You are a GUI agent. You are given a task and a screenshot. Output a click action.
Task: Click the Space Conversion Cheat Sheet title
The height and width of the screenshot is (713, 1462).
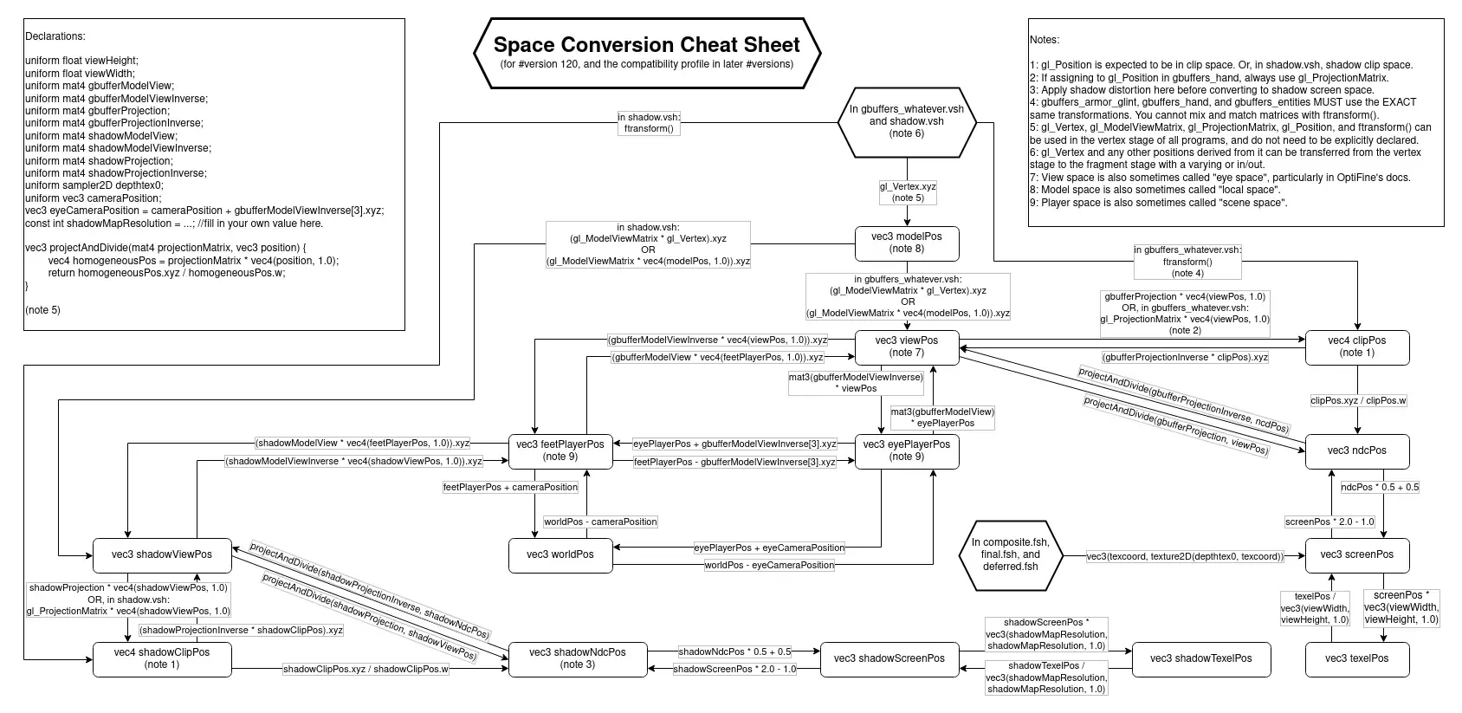(x=647, y=45)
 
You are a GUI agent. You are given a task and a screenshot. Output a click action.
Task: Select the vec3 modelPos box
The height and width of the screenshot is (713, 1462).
(x=907, y=243)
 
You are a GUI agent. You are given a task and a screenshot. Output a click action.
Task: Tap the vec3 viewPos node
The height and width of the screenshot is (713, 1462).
(x=907, y=347)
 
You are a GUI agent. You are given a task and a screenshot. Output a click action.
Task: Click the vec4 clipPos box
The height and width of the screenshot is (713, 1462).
(x=1356, y=347)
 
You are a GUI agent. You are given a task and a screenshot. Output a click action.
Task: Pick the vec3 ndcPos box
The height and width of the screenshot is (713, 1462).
(x=1356, y=450)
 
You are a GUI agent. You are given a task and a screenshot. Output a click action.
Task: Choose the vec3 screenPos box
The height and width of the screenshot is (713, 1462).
(x=1356, y=554)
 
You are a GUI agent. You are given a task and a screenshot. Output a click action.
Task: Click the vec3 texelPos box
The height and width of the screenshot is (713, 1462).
(x=1356, y=658)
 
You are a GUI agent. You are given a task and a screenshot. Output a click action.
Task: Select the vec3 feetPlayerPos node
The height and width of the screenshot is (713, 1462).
(x=560, y=450)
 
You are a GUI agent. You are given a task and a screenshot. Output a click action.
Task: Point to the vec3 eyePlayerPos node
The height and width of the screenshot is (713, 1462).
(x=907, y=450)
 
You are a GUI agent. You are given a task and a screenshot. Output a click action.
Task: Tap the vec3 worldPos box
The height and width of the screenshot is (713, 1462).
(x=560, y=554)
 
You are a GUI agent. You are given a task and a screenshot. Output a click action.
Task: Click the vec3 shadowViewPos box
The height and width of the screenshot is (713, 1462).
(x=162, y=554)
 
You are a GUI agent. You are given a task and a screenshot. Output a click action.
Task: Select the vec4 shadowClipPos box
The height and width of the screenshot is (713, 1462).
(x=162, y=658)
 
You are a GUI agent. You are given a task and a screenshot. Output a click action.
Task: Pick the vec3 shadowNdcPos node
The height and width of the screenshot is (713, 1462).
(x=578, y=658)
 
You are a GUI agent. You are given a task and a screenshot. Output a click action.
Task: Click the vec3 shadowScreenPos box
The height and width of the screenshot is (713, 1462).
(x=889, y=658)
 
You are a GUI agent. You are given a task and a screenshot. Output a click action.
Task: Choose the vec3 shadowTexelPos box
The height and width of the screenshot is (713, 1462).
(x=1200, y=658)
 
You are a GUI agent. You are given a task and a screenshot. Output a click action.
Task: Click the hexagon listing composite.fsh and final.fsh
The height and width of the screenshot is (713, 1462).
(x=1011, y=554)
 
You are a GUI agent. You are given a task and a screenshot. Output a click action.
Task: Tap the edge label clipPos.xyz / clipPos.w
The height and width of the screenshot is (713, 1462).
(x=1358, y=400)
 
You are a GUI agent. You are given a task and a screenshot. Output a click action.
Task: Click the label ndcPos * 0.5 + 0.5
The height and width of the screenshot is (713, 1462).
(x=1380, y=487)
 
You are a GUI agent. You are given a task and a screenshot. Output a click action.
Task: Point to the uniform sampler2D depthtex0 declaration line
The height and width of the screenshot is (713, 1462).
(x=94, y=185)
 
